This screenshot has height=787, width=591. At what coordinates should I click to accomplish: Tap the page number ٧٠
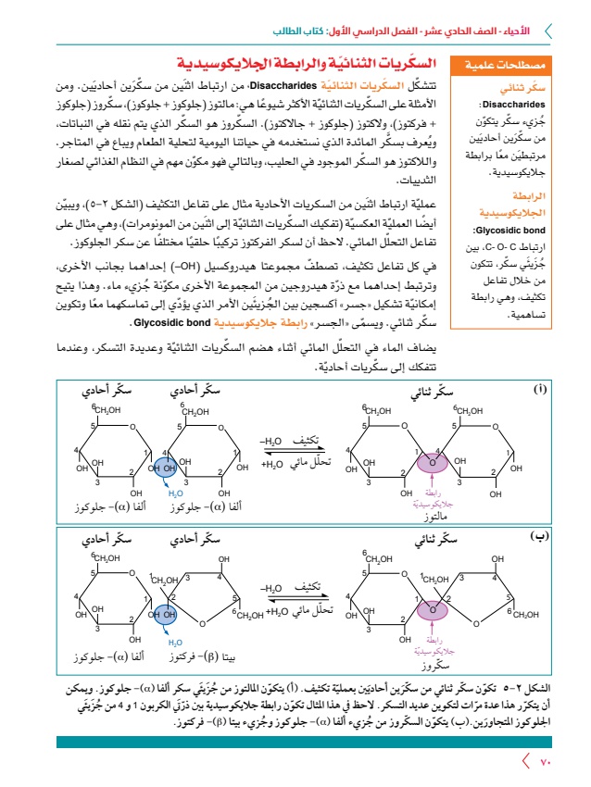coord(546,762)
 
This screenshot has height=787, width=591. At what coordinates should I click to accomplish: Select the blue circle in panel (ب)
coord(164,613)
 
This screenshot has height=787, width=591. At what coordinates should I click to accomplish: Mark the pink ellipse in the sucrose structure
coord(431,609)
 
